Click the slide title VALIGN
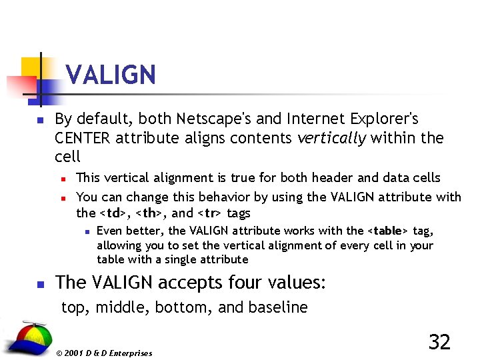tap(111, 75)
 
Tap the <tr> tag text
tap(210, 213)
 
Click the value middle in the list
tap(117, 307)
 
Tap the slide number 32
tap(439, 342)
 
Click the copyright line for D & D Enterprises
tap(105, 353)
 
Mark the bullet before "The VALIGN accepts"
tap(39, 284)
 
